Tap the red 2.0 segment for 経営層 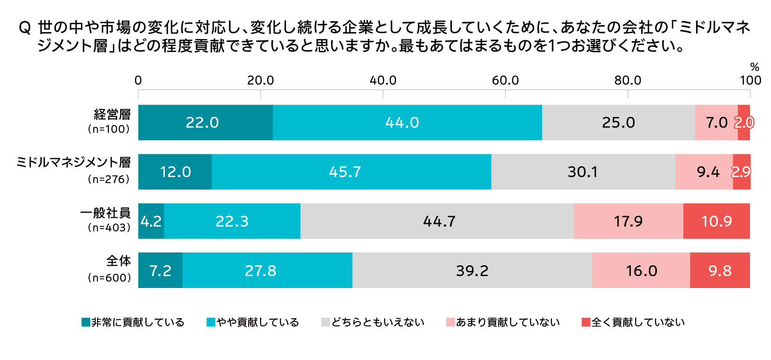click(744, 123)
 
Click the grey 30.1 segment click(583, 172)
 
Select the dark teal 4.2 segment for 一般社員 click(151, 221)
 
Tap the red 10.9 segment click(717, 221)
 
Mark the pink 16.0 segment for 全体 click(641, 270)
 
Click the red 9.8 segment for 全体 click(720, 270)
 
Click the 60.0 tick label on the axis click(505, 81)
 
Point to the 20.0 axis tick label click(260, 81)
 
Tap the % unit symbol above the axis click(754, 67)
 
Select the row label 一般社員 click(105, 213)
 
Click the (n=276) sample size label click(108, 180)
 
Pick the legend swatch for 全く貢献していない click(586, 322)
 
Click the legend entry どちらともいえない click(377, 322)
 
